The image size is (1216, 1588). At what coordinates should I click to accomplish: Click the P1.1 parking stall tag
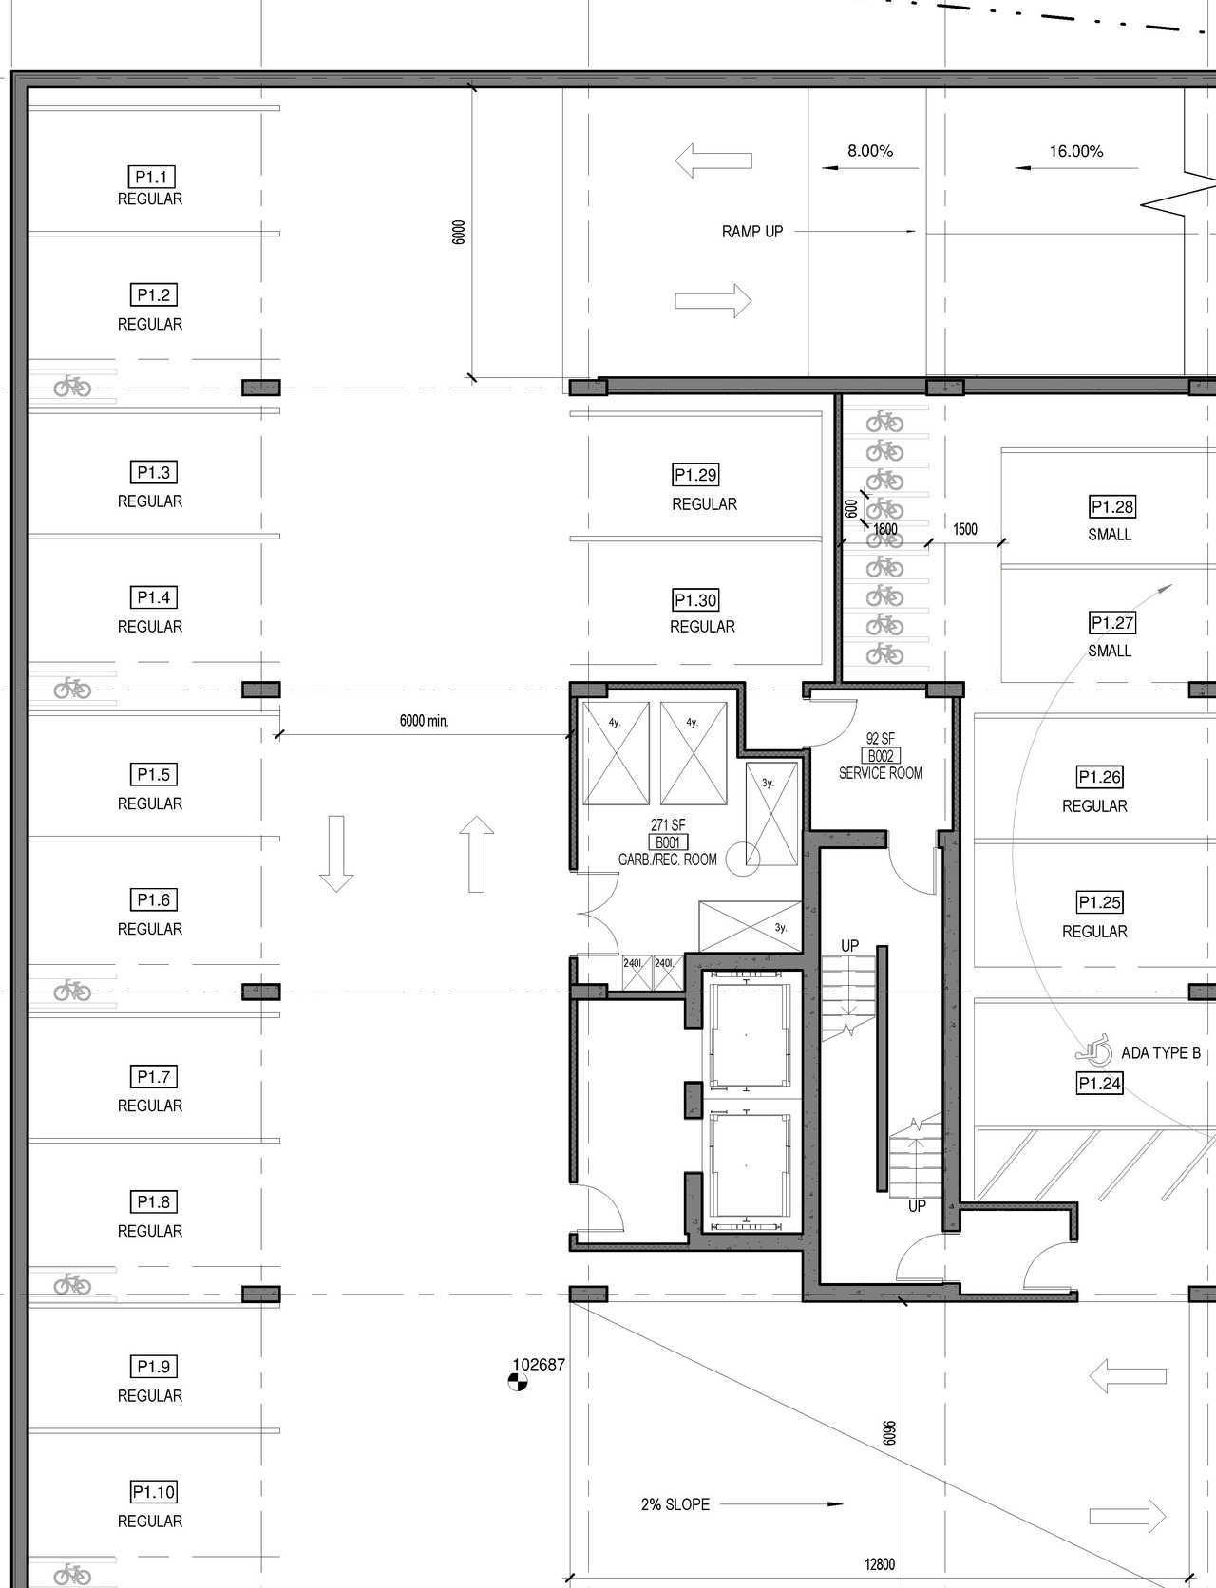pos(151,177)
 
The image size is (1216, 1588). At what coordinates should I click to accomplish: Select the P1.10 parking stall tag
pos(154,1492)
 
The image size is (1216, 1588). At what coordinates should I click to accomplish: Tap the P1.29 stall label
pos(695,475)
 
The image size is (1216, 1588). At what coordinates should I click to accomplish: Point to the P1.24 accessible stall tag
pos(1099,1084)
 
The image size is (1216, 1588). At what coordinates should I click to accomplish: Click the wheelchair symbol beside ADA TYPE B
pos(1094,1050)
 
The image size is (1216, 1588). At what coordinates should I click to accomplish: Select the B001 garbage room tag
pos(668,842)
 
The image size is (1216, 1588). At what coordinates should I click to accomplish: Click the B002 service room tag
pos(881,756)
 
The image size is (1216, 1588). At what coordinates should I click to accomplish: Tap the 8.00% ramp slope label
pos(870,151)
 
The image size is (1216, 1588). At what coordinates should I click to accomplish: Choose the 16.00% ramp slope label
pos(1076,151)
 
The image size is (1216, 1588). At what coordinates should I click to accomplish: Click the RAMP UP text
pos(752,232)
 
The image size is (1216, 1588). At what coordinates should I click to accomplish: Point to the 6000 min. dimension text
pos(424,721)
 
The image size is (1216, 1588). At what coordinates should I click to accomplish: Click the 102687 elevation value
pos(539,1365)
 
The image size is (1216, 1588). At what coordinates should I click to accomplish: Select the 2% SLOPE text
pos(675,1504)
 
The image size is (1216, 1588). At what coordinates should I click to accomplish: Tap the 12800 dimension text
pos(880,1564)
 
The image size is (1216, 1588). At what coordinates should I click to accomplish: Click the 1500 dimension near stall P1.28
pos(965,529)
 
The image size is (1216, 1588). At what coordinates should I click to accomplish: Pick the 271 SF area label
pos(668,825)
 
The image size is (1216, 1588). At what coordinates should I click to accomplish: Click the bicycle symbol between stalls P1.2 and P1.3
pos(72,386)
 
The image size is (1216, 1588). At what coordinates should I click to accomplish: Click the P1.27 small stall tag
pos(1112,623)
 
